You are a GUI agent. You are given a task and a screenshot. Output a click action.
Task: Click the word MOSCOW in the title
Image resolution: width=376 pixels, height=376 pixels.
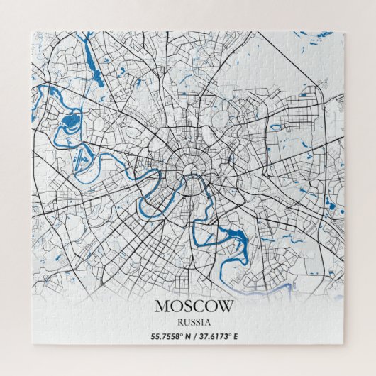(193, 307)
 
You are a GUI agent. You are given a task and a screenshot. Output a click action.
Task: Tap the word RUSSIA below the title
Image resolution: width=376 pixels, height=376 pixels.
(193, 322)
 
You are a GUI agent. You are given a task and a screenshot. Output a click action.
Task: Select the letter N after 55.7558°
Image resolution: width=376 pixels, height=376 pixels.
(187, 336)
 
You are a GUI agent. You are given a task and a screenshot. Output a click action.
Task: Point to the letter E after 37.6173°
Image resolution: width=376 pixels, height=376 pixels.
(236, 336)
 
